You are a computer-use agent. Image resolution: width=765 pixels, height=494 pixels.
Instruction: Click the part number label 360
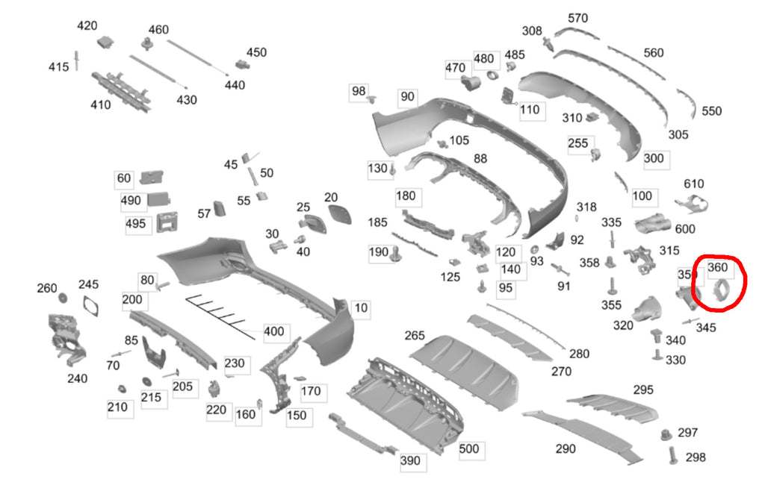(x=716, y=267)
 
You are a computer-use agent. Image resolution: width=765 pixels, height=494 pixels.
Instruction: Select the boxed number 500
(x=468, y=449)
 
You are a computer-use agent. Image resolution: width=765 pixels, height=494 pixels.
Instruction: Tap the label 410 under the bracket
(x=101, y=104)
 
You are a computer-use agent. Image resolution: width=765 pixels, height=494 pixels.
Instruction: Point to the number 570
(x=578, y=18)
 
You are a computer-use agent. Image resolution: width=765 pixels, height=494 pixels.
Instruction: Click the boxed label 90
(x=407, y=97)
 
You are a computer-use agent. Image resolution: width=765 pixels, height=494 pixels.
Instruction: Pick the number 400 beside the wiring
(x=274, y=331)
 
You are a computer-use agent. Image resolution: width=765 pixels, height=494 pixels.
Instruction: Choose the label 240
(x=77, y=378)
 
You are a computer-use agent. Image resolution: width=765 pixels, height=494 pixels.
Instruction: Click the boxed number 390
(x=410, y=460)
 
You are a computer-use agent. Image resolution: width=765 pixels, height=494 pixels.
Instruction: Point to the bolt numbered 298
(x=673, y=454)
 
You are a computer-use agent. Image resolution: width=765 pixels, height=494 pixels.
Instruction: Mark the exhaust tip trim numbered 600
(x=654, y=222)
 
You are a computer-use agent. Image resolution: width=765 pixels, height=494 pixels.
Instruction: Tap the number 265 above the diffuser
(x=415, y=336)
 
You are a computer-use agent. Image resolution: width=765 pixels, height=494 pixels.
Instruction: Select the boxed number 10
(x=361, y=307)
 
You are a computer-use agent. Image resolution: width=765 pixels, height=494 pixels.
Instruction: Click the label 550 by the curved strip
(x=712, y=110)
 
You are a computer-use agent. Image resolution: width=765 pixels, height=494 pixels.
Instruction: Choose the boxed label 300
(x=653, y=158)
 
